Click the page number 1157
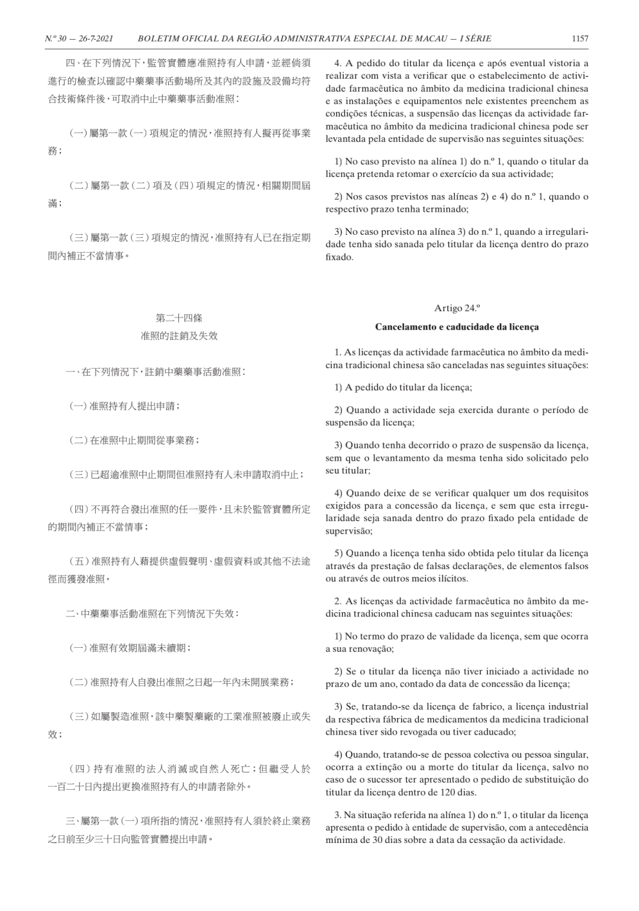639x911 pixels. pyautogui.click(x=580, y=38)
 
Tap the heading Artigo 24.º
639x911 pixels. pyautogui.click(x=457, y=308)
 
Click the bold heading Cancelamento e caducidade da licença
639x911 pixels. pyautogui.click(x=457, y=327)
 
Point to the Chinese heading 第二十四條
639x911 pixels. pyautogui.click(x=179, y=318)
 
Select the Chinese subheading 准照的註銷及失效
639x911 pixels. pyautogui.click(x=179, y=335)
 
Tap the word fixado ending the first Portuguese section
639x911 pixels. pyautogui.click(x=339, y=257)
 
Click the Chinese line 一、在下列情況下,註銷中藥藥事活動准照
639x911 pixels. pyautogui.click(x=156, y=372)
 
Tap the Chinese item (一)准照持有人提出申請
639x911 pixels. pyautogui.click(x=125, y=406)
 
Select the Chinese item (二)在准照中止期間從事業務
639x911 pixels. pyautogui.click(x=134, y=441)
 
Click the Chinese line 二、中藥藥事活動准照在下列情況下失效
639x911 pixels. pyautogui.click(x=153, y=613)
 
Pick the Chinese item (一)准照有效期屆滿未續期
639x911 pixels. pyautogui.click(x=130, y=648)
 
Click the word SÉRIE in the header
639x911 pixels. pyautogui.click(x=475, y=38)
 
